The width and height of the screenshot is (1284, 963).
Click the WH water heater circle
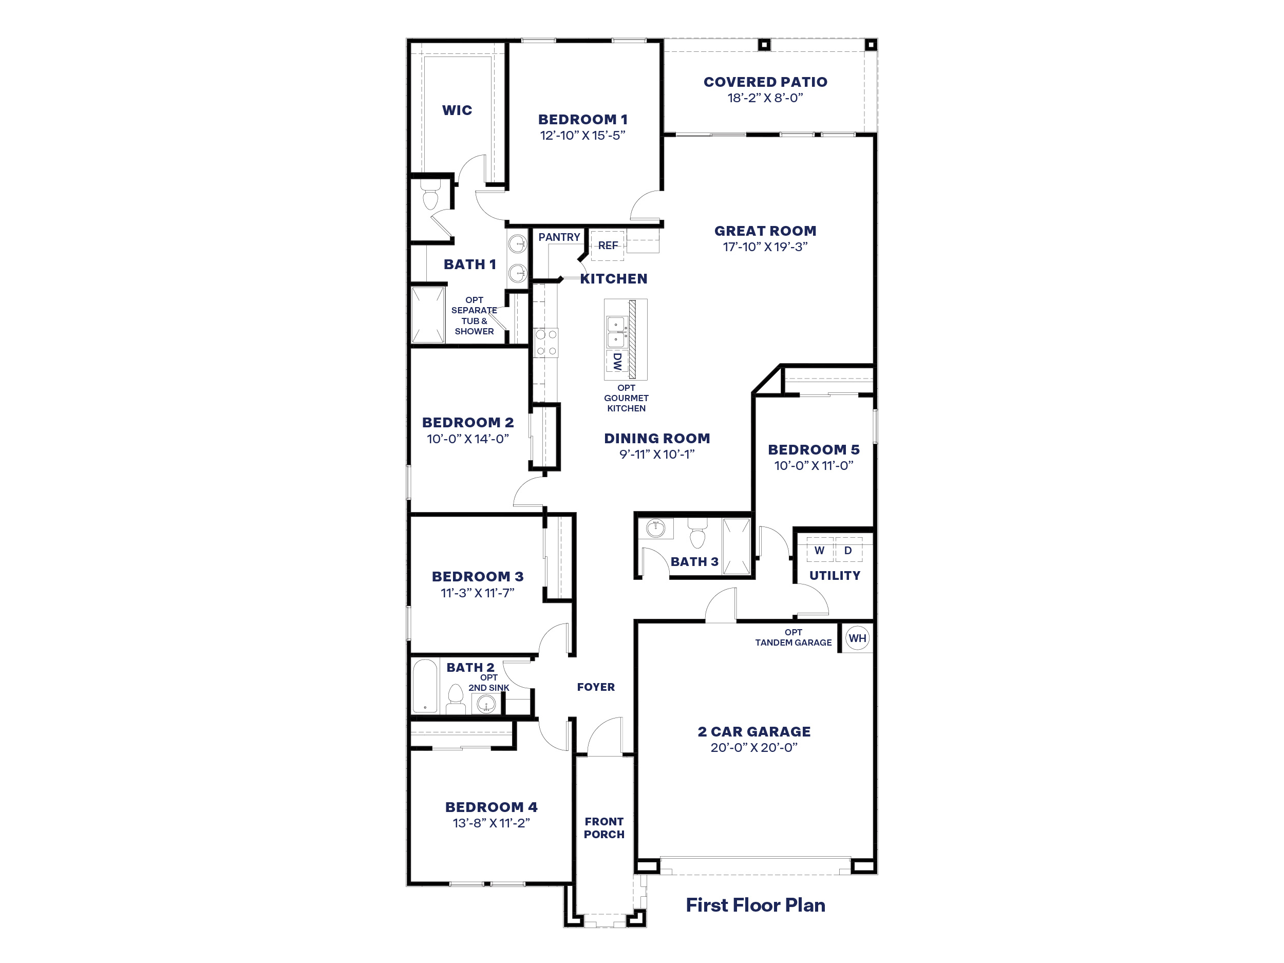[x=857, y=638]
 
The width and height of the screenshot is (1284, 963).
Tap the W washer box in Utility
[x=819, y=550]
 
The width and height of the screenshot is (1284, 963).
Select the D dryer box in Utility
[x=848, y=550]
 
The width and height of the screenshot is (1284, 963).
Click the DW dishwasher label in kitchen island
[x=616, y=361]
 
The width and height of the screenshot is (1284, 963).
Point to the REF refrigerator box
[x=607, y=246]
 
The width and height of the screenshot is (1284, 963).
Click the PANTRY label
[x=558, y=237]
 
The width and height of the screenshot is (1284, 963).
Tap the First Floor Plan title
[x=755, y=905]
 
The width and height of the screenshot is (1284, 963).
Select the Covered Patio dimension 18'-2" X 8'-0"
[x=765, y=98]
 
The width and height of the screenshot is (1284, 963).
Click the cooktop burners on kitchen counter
[x=545, y=343]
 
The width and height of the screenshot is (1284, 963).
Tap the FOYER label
[x=596, y=687]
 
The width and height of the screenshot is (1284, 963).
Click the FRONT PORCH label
[x=603, y=828]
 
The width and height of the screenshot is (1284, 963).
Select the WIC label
[x=457, y=110]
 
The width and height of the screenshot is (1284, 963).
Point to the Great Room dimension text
[x=765, y=247]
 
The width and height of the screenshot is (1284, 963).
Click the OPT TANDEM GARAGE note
[x=793, y=637]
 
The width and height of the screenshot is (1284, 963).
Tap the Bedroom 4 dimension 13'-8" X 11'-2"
[x=491, y=822]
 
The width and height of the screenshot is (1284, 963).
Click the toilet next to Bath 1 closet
[x=429, y=197]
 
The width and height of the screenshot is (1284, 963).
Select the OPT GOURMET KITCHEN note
[x=626, y=398]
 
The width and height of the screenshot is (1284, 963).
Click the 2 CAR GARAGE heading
[x=753, y=731]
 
